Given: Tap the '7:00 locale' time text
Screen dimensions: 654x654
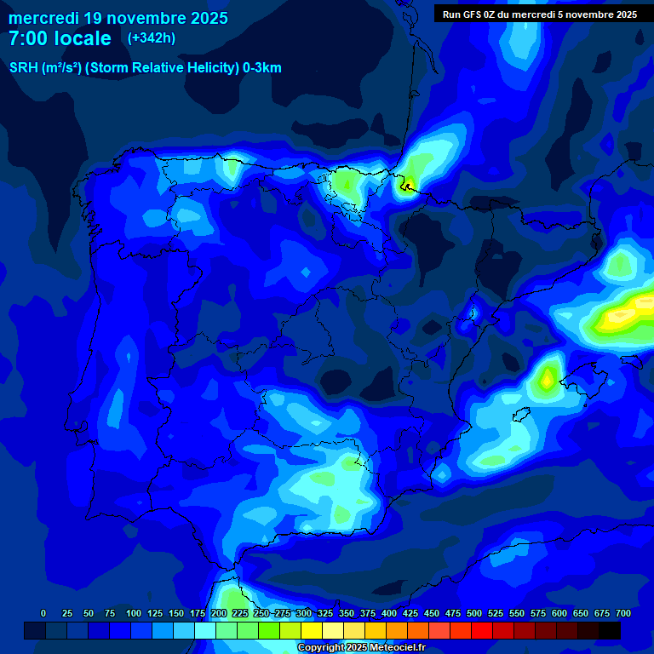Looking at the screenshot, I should click(x=60, y=38).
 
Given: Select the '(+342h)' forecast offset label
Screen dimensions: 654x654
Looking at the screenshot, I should click(x=151, y=38).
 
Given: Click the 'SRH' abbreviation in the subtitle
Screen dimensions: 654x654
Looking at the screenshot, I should click(x=23, y=68).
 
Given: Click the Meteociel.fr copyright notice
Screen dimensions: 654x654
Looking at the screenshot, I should click(x=360, y=648).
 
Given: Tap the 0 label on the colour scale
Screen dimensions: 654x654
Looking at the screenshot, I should click(x=43, y=613).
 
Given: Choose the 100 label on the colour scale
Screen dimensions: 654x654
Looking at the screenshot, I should click(x=134, y=613).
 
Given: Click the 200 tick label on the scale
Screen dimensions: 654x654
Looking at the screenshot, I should click(x=219, y=613).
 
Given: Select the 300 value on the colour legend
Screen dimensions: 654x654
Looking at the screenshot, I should click(x=304, y=613).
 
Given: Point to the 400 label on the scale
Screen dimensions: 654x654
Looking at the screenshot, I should click(x=389, y=613).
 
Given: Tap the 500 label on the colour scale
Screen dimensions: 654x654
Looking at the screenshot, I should click(x=474, y=613).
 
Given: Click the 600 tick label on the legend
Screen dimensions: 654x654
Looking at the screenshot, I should click(x=559, y=613).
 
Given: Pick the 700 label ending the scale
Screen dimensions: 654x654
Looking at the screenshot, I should click(x=623, y=613).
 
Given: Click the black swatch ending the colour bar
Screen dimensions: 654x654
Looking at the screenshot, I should click(x=610, y=630).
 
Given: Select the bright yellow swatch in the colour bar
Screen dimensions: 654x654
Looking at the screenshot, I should click(x=312, y=630).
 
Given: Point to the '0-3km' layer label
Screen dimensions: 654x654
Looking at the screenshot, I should click(x=262, y=68).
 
